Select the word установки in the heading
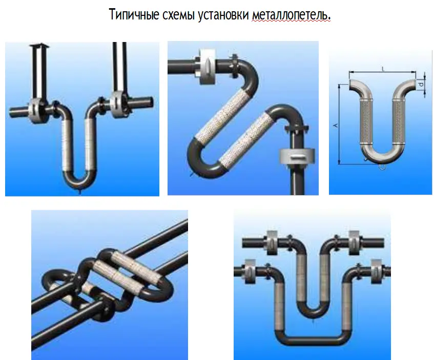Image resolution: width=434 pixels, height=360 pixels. (223, 14)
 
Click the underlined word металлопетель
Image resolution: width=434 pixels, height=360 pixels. (292, 14)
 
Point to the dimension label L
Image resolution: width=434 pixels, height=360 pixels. (383, 69)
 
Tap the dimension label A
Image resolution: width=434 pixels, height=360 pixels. (336, 125)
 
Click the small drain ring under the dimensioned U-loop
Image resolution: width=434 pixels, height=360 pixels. (382, 166)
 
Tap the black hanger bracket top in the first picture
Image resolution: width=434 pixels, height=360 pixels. (39, 45)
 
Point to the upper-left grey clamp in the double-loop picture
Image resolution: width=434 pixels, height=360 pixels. (272, 243)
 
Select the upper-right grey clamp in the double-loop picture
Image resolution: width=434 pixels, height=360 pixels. (354, 243)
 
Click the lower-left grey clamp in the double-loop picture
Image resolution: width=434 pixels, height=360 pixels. (250, 271)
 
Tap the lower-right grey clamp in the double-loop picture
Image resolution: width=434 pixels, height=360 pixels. (377, 271)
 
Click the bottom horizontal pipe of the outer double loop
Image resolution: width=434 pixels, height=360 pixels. (313, 341)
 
